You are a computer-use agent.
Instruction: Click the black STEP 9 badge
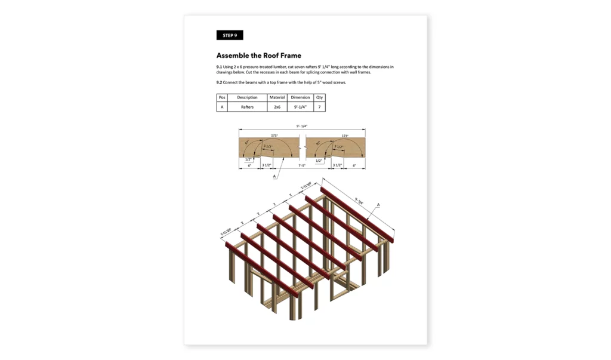click(230, 35)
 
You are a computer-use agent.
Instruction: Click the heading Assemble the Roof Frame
click(258, 56)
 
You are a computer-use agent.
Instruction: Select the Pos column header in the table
click(222, 97)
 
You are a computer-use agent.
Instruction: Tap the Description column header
click(247, 97)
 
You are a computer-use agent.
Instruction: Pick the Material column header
click(277, 97)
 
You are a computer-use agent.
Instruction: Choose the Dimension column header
click(300, 97)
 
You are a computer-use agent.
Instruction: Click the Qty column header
click(319, 97)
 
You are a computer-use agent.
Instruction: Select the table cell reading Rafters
click(247, 107)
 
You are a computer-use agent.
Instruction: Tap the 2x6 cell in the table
click(277, 107)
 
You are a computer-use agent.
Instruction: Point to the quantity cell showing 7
click(319, 107)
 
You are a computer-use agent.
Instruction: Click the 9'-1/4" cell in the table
click(300, 107)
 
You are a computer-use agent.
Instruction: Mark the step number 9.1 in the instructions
click(219, 67)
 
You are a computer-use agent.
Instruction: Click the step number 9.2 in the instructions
click(219, 82)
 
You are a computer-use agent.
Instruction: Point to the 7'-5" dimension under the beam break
click(302, 165)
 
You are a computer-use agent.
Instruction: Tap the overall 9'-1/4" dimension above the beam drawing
click(302, 127)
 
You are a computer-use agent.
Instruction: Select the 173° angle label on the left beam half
click(274, 136)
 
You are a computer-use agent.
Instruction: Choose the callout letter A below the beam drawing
click(274, 177)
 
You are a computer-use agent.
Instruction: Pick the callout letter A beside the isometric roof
click(378, 205)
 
